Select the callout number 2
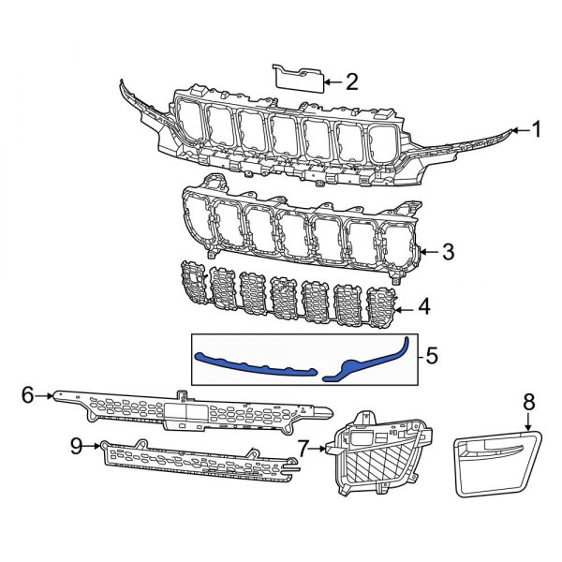click(x=351, y=82)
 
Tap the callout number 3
click(x=448, y=251)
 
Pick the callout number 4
click(x=424, y=304)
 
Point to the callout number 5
click(x=431, y=357)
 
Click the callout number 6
click(x=27, y=396)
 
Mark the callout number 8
click(x=529, y=401)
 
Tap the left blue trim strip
click(x=253, y=365)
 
